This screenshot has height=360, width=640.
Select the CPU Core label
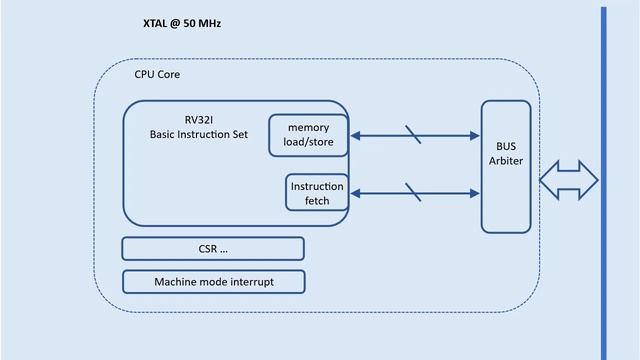coord(157,75)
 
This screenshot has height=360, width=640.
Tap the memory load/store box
coord(308,136)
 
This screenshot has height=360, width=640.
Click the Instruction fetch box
coord(316,193)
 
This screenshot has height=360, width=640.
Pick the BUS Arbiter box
coord(506,166)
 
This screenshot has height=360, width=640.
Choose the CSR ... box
coord(213,248)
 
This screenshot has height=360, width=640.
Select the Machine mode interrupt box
coord(213,282)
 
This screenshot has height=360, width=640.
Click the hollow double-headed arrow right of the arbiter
coord(568,180)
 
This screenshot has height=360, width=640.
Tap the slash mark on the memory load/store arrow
coord(413,135)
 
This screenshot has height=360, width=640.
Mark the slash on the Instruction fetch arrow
coord(413,192)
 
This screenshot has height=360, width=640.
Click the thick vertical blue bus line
coord(603,180)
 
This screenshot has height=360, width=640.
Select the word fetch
coord(317,201)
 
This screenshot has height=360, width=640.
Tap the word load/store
coord(309,143)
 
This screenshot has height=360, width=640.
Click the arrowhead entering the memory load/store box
coord(356,136)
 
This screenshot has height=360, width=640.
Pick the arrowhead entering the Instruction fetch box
coord(356,193)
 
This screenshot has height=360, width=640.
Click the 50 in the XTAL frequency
coord(189,21)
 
